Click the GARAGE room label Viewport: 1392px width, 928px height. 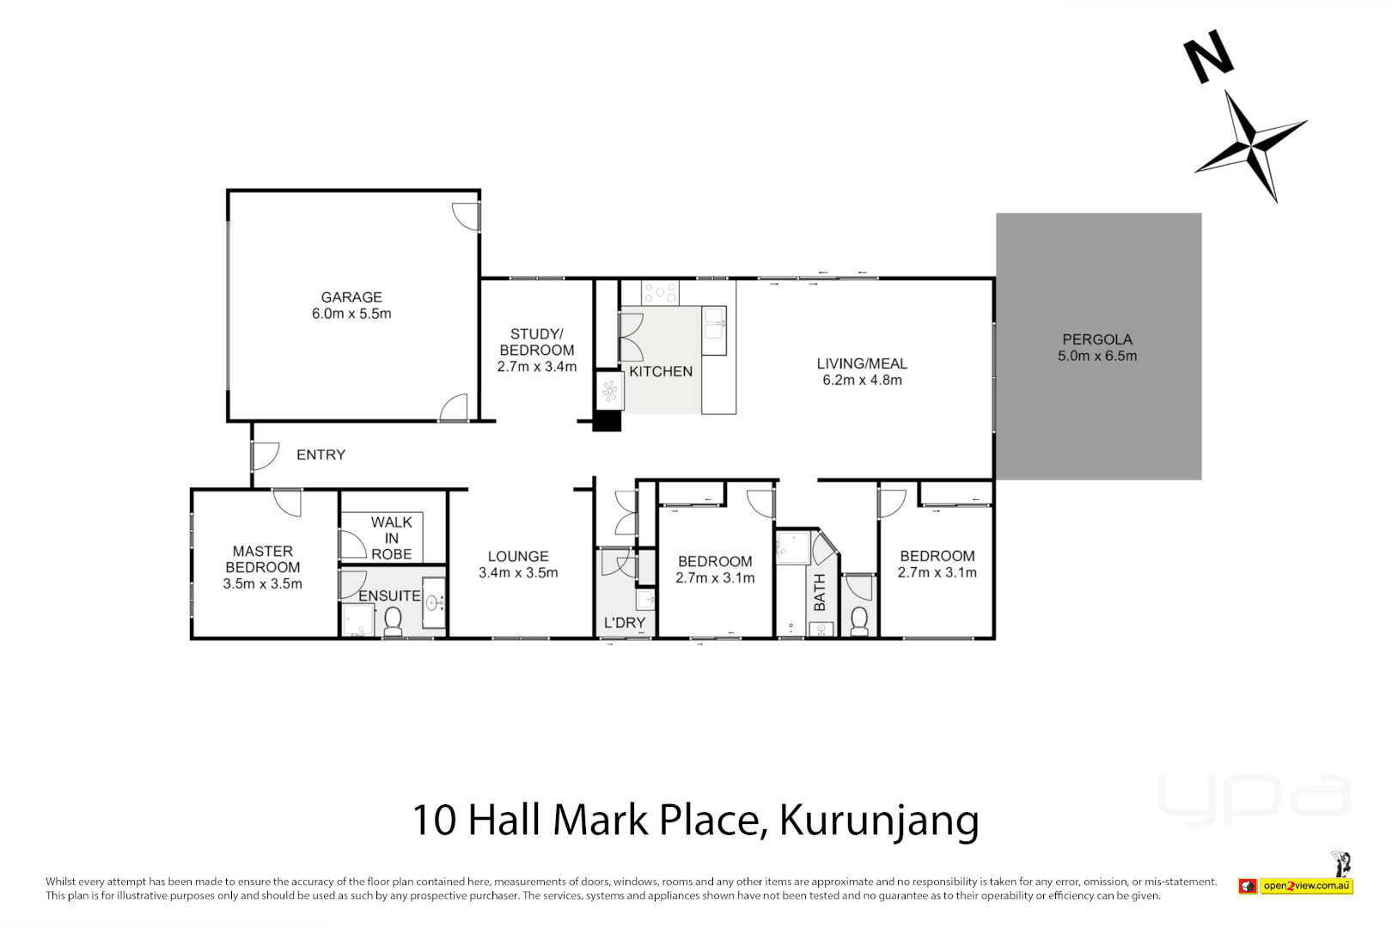[351, 297]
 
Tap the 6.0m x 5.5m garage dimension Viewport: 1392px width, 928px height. [351, 314]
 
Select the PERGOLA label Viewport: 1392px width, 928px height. [1097, 339]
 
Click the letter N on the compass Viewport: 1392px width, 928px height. [1208, 58]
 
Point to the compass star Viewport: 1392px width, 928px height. [1251, 145]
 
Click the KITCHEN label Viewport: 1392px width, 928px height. [661, 371]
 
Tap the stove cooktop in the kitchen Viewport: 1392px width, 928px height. [660, 292]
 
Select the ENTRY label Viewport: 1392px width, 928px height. [321, 455]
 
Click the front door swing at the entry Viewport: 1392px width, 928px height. [266, 455]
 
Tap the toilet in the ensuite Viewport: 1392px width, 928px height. [394, 621]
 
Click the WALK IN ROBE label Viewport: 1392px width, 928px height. [392, 538]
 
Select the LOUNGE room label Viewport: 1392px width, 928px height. [518, 557]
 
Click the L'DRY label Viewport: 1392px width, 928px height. [625, 623]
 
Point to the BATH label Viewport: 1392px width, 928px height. [820, 592]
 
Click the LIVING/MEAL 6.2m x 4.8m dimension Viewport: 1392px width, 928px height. [862, 380]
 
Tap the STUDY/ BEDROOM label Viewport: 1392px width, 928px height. [537, 342]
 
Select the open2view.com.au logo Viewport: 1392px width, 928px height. [1306, 886]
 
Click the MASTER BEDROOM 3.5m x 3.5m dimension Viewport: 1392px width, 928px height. [262, 584]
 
